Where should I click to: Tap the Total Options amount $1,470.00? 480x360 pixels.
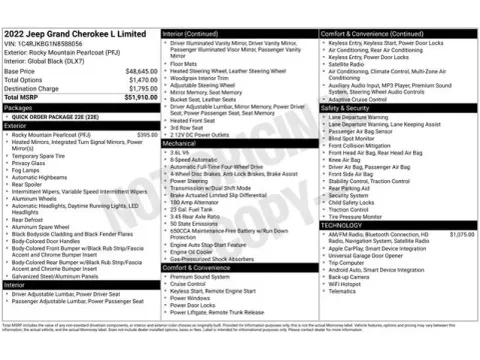pyautogui.click(x=138, y=80)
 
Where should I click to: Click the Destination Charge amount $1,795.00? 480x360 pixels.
pyautogui.click(x=138, y=88)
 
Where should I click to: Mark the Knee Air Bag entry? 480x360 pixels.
pyautogui.click(x=346, y=158)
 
